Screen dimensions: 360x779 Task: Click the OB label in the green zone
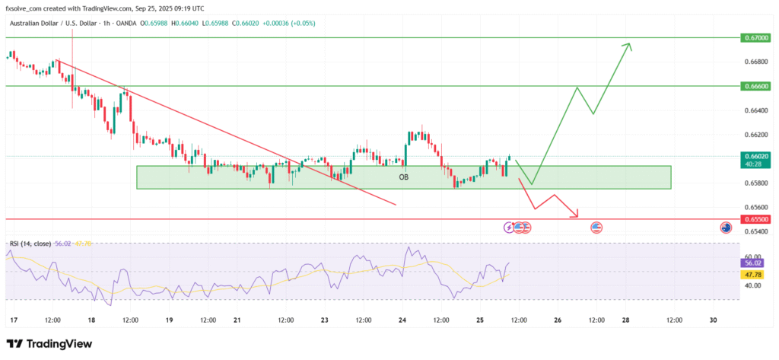[404, 177]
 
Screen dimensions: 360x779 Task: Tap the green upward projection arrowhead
[628, 46]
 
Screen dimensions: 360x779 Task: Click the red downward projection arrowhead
[577, 215]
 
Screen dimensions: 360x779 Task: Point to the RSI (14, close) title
[30, 244]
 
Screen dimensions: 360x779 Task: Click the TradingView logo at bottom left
[49, 344]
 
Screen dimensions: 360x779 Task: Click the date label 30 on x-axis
[713, 320]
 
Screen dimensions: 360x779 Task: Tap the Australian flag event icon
[727, 228]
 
